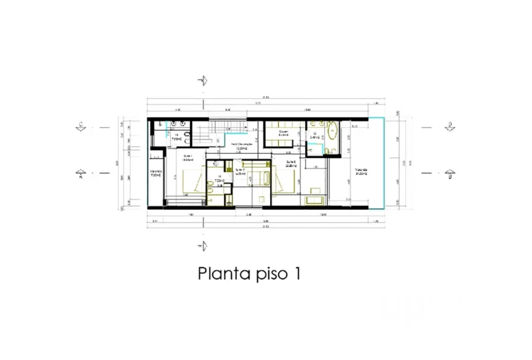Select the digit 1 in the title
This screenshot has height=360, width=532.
tap(294, 273)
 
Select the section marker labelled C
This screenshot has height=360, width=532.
tap(83, 127)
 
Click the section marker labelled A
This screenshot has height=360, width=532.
tap(83, 171)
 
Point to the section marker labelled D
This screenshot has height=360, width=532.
tap(449, 127)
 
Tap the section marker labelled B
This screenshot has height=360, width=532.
tap(449, 171)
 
